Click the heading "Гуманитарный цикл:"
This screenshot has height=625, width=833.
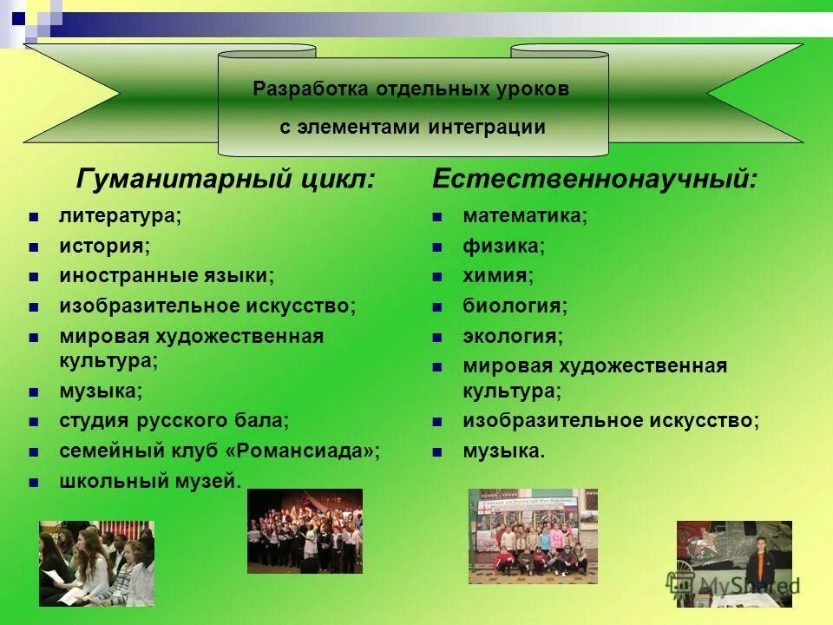click(226, 180)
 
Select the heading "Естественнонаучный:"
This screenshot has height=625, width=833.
click(594, 180)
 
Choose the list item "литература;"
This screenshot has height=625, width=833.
click(121, 215)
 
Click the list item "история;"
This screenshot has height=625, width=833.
click(104, 246)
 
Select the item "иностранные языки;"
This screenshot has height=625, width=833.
click(166, 276)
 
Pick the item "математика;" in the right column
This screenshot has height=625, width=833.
click(525, 215)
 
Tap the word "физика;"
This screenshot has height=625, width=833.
click(503, 246)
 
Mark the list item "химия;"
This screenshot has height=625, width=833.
click(498, 276)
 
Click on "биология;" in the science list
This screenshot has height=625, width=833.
click(515, 306)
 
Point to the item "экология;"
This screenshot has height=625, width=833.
click(513, 336)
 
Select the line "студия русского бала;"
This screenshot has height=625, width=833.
click(174, 421)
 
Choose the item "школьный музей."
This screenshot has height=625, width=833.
click(150, 481)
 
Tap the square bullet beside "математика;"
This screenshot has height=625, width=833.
click(438, 216)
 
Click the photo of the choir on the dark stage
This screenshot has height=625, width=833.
click(305, 531)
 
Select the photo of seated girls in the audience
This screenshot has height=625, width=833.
click(96, 563)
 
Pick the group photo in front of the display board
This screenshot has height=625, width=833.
click(533, 536)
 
